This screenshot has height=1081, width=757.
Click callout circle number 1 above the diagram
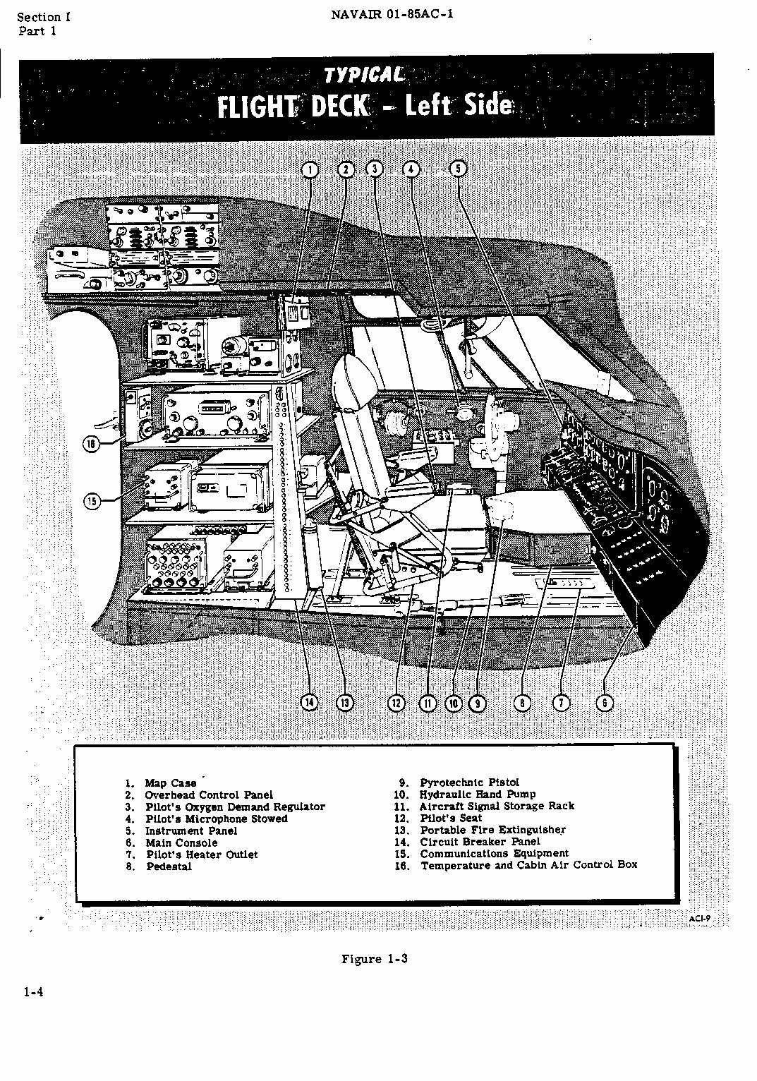[x=310, y=169]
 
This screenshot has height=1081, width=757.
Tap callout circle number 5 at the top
[x=459, y=169]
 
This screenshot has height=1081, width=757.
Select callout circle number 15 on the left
[x=92, y=502]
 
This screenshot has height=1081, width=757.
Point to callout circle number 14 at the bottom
[x=309, y=702]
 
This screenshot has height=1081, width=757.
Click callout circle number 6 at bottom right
[x=605, y=703]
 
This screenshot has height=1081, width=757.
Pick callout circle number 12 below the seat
[x=397, y=703]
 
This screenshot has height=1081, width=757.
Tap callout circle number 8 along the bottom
[x=522, y=703]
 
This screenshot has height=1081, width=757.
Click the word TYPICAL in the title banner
[x=364, y=75]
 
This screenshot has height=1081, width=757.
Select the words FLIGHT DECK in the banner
[x=293, y=107]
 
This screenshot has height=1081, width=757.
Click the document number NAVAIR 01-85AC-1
[x=392, y=14]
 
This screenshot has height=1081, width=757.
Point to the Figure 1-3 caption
[x=375, y=959]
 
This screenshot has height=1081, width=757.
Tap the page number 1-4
[x=33, y=992]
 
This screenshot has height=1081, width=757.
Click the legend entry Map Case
[x=170, y=783]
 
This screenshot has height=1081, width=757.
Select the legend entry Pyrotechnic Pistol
[x=469, y=783]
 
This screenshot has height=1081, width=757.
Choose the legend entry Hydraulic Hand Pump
[x=478, y=795]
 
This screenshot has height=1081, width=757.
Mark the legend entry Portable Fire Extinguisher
[x=492, y=831]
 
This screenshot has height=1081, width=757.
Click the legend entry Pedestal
[x=169, y=866]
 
